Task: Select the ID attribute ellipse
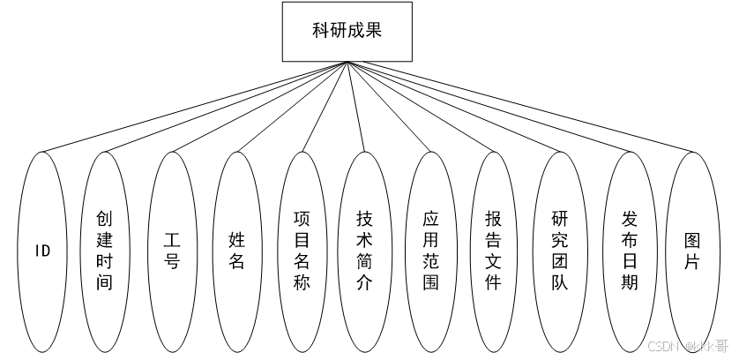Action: [x=42, y=251]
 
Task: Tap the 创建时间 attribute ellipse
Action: [x=105, y=251]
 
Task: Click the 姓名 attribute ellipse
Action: [x=236, y=251]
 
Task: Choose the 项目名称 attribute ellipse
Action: [x=302, y=251]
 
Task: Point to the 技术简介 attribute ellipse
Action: [x=364, y=251]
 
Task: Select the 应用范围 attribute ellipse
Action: [x=429, y=251]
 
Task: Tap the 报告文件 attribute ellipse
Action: [x=493, y=251]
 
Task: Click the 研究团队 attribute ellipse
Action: [x=559, y=251]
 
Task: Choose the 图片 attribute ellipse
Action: [x=692, y=251]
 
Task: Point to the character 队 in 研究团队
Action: [x=559, y=283]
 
